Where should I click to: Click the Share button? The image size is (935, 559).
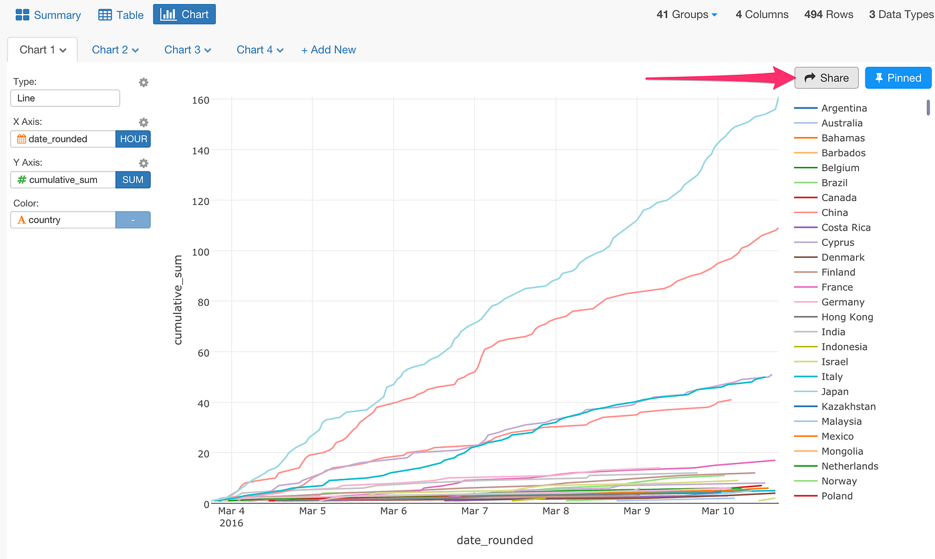(x=826, y=78)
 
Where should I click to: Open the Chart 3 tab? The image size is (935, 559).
(x=188, y=49)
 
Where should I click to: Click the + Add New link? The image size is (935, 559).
(x=329, y=49)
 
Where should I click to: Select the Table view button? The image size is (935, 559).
(x=121, y=15)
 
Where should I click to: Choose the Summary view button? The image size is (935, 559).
(x=48, y=15)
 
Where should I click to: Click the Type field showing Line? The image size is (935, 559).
(x=65, y=98)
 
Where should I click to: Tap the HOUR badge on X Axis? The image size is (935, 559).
(x=134, y=139)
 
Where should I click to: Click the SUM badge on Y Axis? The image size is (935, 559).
(x=133, y=180)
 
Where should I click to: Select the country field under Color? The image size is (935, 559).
(x=63, y=220)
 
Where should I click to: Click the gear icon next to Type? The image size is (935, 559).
(x=144, y=82)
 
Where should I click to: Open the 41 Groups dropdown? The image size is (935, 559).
(x=687, y=14)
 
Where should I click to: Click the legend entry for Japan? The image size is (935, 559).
(x=835, y=392)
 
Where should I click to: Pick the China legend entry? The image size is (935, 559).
(x=834, y=213)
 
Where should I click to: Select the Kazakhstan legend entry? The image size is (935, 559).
(x=848, y=407)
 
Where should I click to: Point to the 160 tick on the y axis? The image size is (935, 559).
(x=201, y=100)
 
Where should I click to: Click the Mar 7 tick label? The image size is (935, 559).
(x=475, y=512)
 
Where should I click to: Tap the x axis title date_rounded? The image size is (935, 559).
(x=495, y=540)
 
